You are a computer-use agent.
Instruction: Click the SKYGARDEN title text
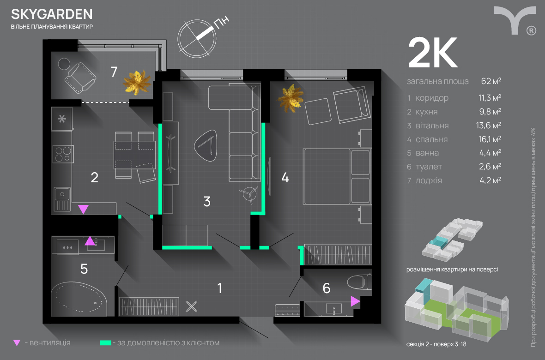52,14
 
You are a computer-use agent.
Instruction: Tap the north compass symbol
197,38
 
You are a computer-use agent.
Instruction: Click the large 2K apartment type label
433,53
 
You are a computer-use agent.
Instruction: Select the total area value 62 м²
491,81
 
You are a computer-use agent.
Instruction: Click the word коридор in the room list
432,98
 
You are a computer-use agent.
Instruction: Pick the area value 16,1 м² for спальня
490,139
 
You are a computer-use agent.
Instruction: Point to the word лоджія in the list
429,181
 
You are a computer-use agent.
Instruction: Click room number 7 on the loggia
114,72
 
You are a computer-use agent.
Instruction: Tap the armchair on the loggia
80,78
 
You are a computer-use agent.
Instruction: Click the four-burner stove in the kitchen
63,154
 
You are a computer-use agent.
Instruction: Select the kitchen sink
62,199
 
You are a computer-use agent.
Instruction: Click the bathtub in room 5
79,299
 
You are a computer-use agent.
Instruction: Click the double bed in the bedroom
336,176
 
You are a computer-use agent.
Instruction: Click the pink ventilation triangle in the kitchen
84,209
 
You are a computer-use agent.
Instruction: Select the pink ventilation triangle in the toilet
355,301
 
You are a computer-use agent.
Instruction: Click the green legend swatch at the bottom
106,343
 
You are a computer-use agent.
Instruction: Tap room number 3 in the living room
207,202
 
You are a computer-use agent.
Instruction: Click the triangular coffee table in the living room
206,145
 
